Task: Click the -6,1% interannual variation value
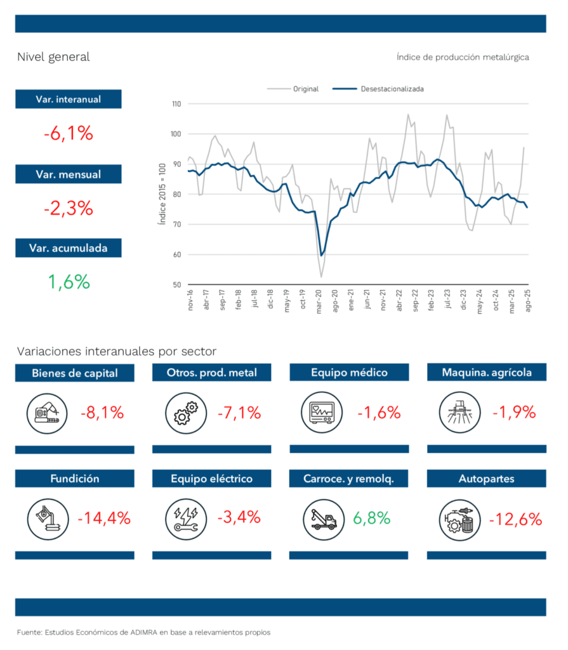69,135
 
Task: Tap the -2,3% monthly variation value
69,208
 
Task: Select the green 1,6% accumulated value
69,282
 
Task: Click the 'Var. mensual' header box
69,174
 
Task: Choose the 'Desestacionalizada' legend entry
392,89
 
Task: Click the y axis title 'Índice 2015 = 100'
161,194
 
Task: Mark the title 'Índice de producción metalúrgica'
463,57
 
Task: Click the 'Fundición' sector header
75,479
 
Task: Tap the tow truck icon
323,519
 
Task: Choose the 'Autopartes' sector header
486,479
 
